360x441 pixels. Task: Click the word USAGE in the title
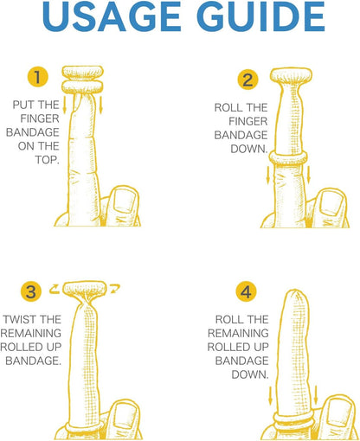[112, 16]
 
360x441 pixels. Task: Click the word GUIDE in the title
[262, 16]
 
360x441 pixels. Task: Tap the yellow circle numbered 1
[38, 77]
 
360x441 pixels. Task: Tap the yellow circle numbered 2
[247, 80]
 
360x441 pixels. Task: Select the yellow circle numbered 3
[31, 291]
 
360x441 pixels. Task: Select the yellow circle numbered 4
[246, 292]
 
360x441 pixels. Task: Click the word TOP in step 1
[47, 160]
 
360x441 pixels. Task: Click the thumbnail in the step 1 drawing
[124, 201]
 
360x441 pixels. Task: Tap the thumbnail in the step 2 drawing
[331, 202]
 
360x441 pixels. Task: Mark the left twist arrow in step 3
[55, 289]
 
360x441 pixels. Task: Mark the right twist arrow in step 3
[115, 289]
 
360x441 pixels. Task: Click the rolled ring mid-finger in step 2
[288, 158]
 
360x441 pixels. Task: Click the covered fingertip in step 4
[295, 300]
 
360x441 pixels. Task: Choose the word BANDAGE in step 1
[33, 132]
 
